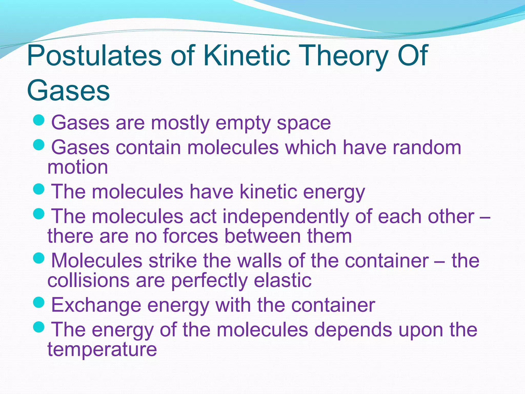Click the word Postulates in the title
[x=94, y=55]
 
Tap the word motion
[x=78, y=167]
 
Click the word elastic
[x=282, y=280]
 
